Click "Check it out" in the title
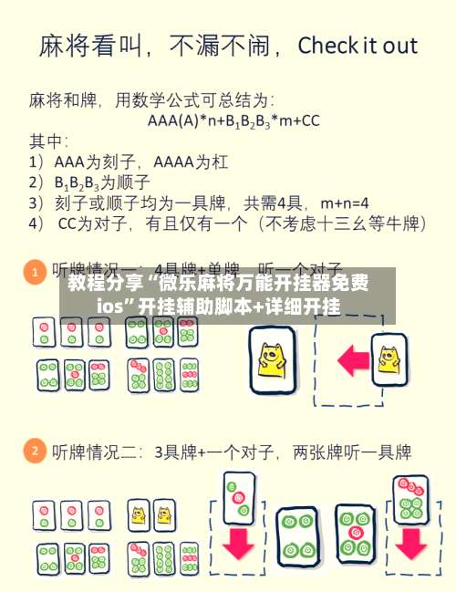pyautogui.click(x=358, y=46)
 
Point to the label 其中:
pyautogui.click(x=49, y=141)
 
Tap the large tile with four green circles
pyautogui.click(x=297, y=535)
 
